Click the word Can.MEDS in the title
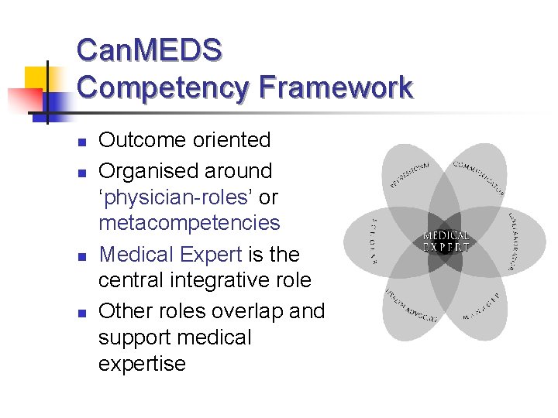coord(149,50)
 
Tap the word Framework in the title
coord(336,87)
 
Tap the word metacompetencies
coord(188,223)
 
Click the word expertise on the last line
coord(142,363)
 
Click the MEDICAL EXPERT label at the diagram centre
coord(446,242)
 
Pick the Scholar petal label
coord(372,241)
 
